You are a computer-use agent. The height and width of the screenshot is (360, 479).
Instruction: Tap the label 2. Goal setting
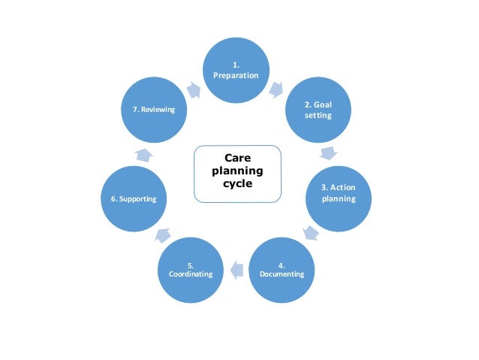tap(318, 110)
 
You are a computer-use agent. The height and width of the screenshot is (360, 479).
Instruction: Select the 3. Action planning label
tap(338, 193)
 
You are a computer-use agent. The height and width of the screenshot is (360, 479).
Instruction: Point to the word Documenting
tap(282, 274)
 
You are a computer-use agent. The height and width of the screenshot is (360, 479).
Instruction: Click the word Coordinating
tap(191, 274)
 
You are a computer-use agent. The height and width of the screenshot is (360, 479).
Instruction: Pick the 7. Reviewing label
tap(153, 110)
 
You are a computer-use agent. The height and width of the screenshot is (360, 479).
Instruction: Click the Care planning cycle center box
tap(236, 174)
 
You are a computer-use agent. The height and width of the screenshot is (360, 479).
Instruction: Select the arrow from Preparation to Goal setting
tap(276, 90)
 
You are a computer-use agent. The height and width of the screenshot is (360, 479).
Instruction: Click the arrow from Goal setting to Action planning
tap(327, 153)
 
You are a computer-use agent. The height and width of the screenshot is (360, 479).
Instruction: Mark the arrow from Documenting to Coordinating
tap(236, 267)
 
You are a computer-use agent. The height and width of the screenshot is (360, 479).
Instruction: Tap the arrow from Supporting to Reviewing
tap(143, 154)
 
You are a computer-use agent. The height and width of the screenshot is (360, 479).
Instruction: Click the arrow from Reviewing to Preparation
tap(193, 89)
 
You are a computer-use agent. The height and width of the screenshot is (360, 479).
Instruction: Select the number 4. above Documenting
tap(282, 265)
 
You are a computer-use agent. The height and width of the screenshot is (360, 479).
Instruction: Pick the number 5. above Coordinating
tap(191, 265)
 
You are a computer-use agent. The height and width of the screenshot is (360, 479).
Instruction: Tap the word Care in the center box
tap(236, 159)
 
